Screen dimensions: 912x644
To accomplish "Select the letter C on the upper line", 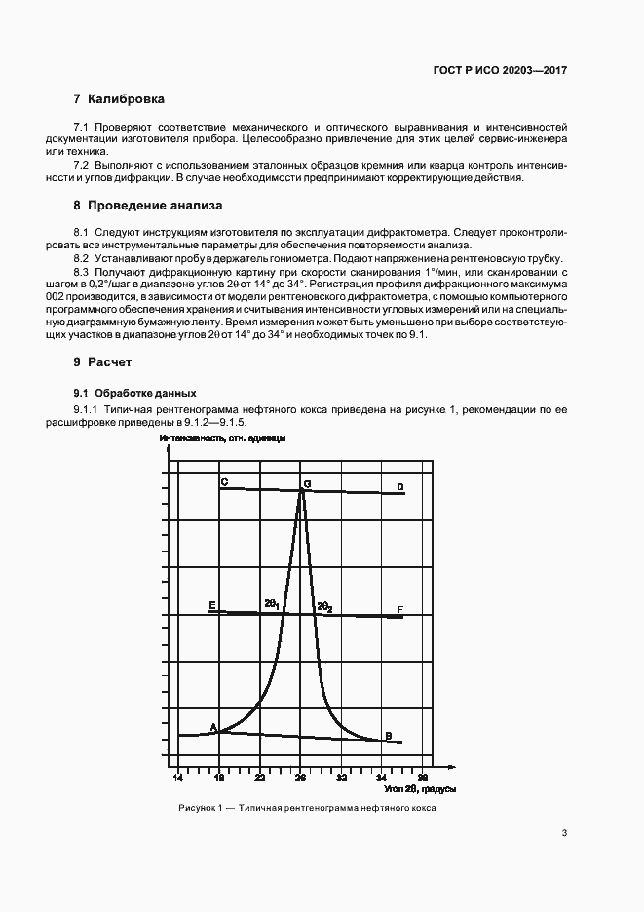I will [224, 482].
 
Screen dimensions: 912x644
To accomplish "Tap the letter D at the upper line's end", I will [399, 486].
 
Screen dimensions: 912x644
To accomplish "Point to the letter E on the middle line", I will [212, 605].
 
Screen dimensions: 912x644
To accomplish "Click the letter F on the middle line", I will [399, 610].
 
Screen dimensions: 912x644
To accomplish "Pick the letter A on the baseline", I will [213, 726].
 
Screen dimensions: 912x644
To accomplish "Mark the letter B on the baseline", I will [388, 735].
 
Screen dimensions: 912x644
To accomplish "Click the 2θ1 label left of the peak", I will [272, 605].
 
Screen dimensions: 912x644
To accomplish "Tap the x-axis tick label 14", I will [178, 779].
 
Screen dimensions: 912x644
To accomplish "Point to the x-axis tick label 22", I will [260, 779].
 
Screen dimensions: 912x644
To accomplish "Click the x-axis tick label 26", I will [301, 779].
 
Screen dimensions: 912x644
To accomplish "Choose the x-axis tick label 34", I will [382, 779].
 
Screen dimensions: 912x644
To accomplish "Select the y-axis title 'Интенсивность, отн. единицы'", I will [222, 439].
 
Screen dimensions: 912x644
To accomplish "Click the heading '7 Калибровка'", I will [119, 99].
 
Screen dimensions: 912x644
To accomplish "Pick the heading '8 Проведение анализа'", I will [147, 206].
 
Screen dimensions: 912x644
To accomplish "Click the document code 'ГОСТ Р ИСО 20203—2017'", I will [501, 71].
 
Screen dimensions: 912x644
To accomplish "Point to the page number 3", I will [564, 833].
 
